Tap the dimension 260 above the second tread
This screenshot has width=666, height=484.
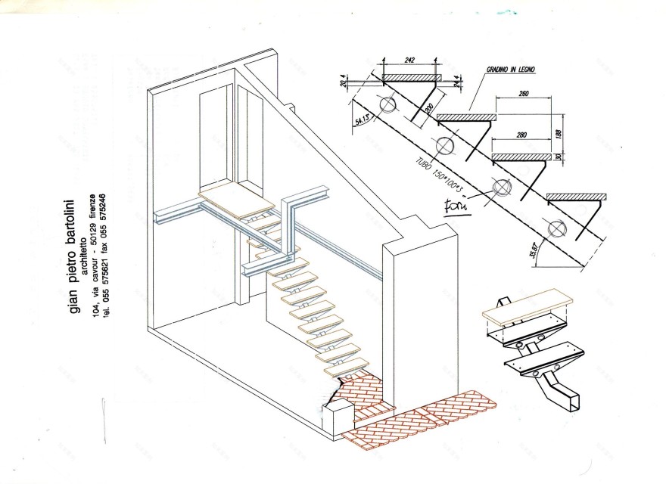(521, 93)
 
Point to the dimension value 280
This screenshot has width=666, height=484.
(520, 135)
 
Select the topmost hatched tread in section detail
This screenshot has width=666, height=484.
(411, 77)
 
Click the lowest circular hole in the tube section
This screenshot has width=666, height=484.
(556, 226)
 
